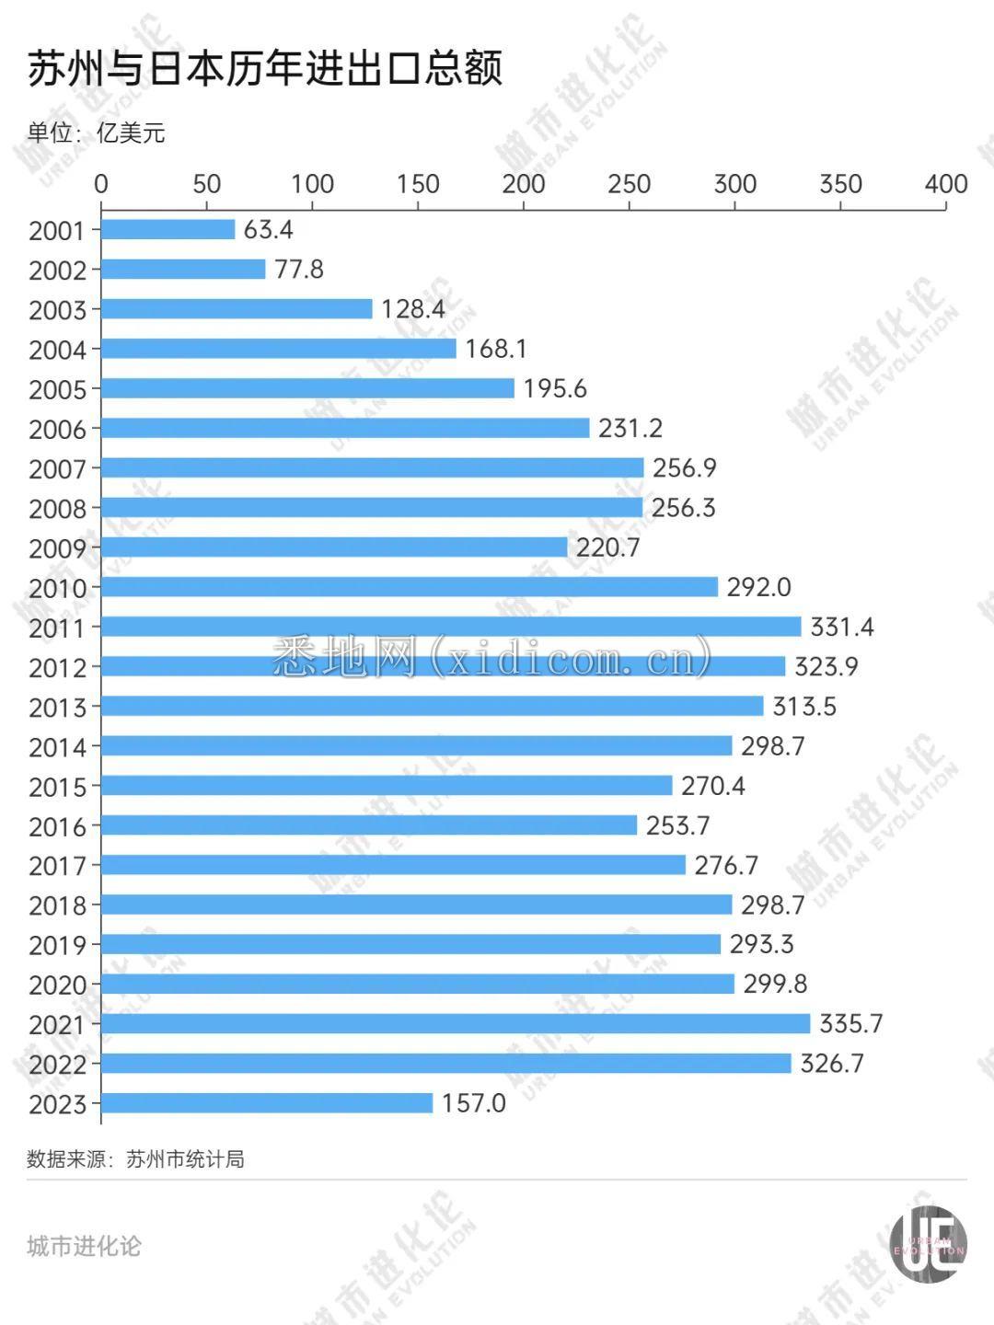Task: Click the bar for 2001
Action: tap(168, 229)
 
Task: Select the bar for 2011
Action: tap(451, 627)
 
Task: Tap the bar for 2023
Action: tap(266, 1102)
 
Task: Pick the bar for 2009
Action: tap(334, 547)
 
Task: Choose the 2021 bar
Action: tap(455, 1023)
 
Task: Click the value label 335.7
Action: tap(850, 1023)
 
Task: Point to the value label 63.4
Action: tap(268, 229)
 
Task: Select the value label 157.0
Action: tap(473, 1102)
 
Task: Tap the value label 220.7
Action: tap(607, 547)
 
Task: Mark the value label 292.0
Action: tap(758, 587)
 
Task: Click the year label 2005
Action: tap(57, 389)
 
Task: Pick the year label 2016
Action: tap(57, 826)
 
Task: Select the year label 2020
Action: tap(57, 985)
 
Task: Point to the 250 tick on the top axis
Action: tap(629, 184)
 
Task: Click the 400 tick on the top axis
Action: tap(945, 184)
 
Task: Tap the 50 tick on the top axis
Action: tap(206, 184)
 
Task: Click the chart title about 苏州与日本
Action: tap(265, 70)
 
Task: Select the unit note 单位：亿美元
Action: tap(97, 133)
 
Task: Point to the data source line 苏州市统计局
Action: tap(136, 1158)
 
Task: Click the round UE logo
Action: tap(928, 1244)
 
